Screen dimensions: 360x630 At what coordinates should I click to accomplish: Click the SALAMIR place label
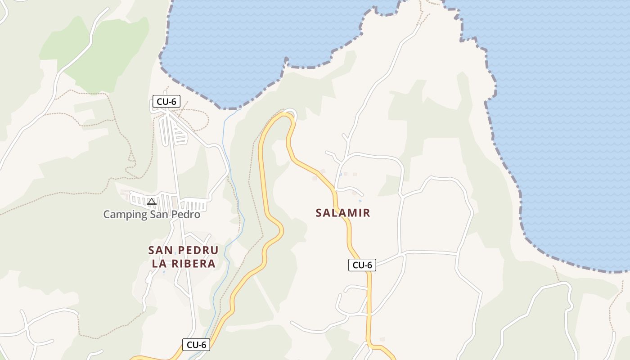pos(343,213)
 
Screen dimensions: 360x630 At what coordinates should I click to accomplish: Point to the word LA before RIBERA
pos(160,264)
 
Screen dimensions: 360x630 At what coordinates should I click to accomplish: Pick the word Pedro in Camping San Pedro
pos(185,214)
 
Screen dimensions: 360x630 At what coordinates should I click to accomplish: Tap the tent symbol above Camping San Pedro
pos(152,202)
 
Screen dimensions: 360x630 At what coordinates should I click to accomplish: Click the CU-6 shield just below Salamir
pos(362,265)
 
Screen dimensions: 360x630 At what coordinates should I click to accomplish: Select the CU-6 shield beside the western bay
pos(166,102)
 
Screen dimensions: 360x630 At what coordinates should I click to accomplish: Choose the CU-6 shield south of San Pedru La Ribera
pos(196,345)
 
